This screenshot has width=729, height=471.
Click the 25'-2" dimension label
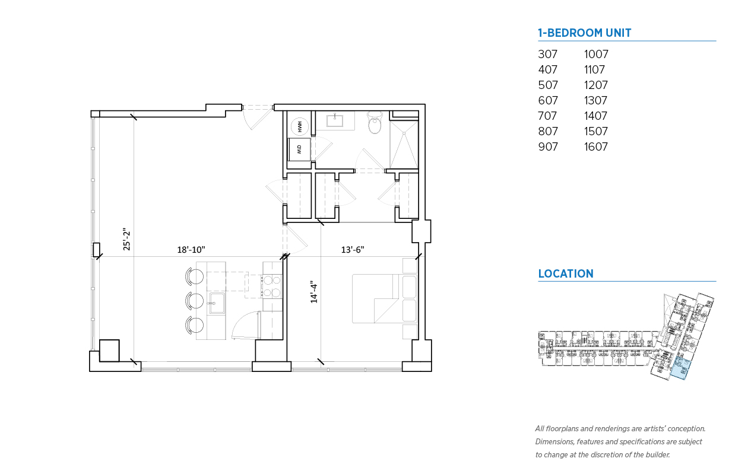(126, 239)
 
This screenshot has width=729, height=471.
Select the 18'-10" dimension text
(191, 250)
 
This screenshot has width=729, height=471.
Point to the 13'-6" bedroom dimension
(353, 250)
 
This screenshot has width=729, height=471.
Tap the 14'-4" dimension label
(313, 292)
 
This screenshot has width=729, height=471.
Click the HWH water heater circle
(299, 126)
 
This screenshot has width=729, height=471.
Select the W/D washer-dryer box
(299, 149)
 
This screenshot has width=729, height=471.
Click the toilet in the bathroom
(375, 122)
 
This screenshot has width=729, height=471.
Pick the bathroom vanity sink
(335, 120)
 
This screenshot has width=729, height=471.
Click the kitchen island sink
(217, 303)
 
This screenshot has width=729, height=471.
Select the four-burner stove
(272, 287)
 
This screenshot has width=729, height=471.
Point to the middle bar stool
(195, 300)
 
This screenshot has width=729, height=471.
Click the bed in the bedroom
(384, 298)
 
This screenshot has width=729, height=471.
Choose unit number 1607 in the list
(595, 147)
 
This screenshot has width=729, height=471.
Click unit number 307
(548, 54)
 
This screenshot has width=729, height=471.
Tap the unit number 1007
(596, 54)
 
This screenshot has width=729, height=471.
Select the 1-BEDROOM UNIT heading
(585, 33)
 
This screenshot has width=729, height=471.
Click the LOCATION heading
(566, 273)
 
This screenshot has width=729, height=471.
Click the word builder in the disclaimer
(657, 454)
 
